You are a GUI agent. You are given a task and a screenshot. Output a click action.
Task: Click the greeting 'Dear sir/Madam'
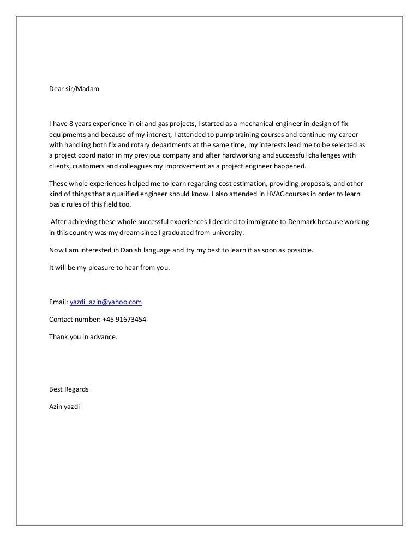pyautogui.click(x=74, y=88)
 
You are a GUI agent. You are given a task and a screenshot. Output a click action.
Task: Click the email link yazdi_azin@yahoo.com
pyautogui.click(x=106, y=302)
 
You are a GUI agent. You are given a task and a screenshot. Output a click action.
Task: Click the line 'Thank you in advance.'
pyautogui.click(x=83, y=336)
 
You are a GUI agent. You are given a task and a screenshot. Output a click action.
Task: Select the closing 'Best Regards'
pyautogui.click(x=69, y=389)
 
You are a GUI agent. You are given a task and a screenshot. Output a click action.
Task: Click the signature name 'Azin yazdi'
pyautogui.click(x=64, y=407)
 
